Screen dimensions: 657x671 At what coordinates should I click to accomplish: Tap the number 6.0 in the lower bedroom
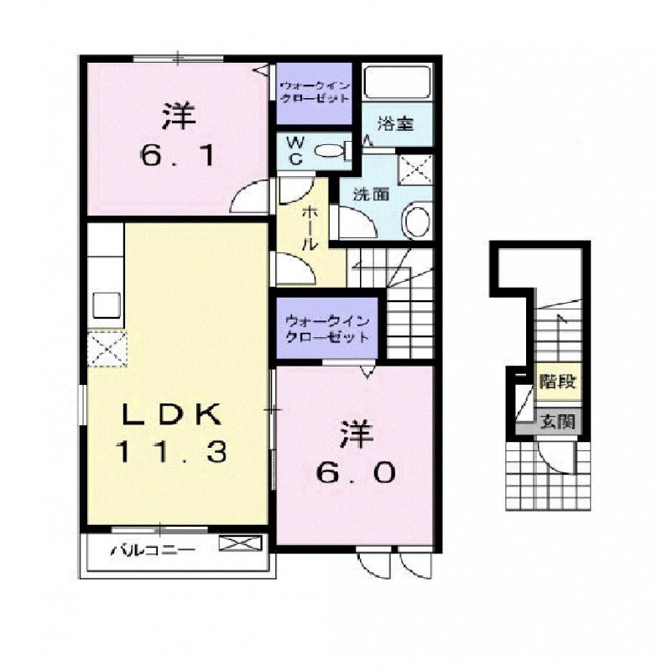coord(355,473)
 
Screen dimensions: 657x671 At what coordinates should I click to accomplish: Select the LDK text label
coord(172,414)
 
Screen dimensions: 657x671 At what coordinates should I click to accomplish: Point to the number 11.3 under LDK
coord(171,452)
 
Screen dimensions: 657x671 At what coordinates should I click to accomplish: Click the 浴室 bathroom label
coord(395,123)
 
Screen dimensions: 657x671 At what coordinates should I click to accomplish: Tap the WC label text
coord(295,151)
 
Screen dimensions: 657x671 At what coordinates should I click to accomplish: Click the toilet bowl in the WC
coord(330,151)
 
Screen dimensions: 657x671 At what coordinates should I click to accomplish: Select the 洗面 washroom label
coord(371,195)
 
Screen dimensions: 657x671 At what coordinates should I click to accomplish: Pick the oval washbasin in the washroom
coord(416,221)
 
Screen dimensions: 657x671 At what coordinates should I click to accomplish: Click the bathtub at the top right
coord(397,82)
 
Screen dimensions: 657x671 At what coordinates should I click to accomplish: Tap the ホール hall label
coord(310,228)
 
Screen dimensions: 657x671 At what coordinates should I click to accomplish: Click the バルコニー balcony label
coord(153,549)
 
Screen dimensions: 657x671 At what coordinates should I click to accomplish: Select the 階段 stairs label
coord(558,382)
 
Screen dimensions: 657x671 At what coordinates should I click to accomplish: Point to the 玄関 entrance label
coord(557,423)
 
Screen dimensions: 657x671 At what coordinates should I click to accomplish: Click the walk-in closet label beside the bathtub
coord(315,92)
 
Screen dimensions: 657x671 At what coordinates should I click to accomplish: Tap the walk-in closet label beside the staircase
coord(327,328)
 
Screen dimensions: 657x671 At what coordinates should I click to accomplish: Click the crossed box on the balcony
coord(240,543)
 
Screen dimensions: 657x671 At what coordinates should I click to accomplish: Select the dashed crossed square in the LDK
coord(107,349)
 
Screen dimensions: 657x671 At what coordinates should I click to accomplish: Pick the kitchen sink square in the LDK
coord(107,305)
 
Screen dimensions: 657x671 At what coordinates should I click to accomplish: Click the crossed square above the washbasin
coord(415,169)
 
